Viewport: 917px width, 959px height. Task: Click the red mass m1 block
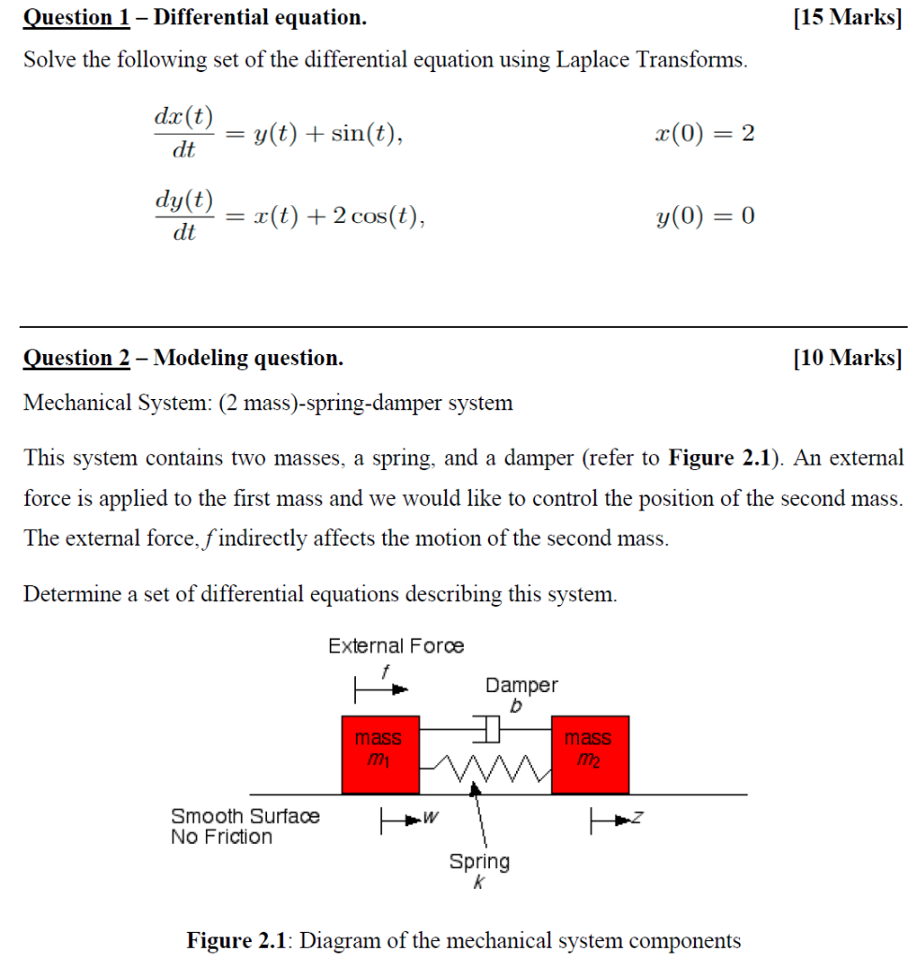coord(379,755)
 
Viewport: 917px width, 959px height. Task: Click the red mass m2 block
coord(589,755)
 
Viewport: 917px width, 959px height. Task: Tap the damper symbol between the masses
coord(486,727)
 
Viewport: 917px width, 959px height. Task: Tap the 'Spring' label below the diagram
coord(480,862)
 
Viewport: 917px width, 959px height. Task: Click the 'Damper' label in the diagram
coord(521,686)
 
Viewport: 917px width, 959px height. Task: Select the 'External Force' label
coord(395,646)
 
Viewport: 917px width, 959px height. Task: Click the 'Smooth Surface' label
coord(244,817)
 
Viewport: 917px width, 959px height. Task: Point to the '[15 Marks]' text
coord(847,17)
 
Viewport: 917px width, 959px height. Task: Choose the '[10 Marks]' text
coord(847,358)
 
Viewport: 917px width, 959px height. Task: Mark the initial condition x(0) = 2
coord(704,134)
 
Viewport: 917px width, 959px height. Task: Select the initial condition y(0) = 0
coord(704,217)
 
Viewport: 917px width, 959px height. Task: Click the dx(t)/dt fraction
coord(183,133)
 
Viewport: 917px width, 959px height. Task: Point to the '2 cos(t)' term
coord(374,217)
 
